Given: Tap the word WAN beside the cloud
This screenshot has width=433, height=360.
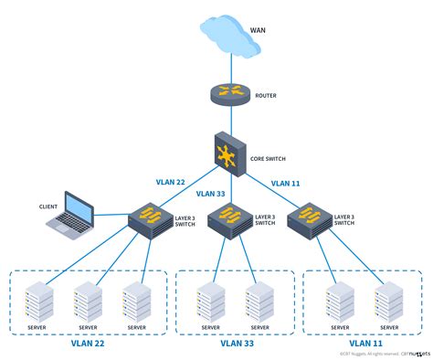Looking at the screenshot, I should coord(258,29).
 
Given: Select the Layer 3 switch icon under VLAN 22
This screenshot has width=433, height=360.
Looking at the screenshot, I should coord(145,219).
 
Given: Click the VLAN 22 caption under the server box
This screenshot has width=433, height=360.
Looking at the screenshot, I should coord(88,344).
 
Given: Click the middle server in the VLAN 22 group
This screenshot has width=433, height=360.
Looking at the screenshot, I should coord(88,300).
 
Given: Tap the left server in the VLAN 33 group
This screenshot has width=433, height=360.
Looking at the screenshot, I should coord(210,300).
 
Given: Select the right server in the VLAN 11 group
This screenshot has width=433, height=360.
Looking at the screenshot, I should coord(387,300).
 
